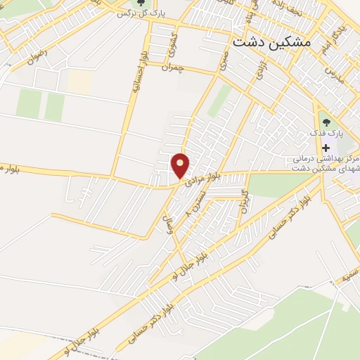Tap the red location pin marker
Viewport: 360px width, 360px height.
tap(181, 166)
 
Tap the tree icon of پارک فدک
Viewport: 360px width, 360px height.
tap(326, 117)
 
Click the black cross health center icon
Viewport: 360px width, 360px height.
tap(326, 148)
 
